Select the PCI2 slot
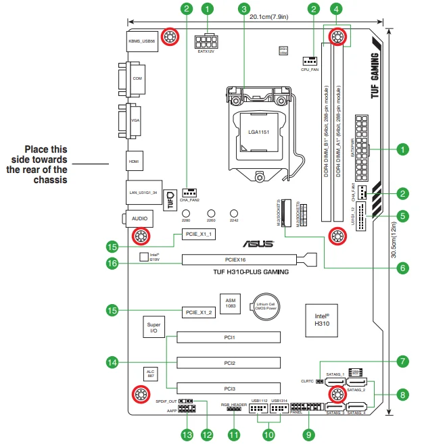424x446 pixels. point(229,363)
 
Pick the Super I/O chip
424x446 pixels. point(154,328)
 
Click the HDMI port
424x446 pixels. point(134,162)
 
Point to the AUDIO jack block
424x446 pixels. point(139,219)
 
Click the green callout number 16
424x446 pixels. point(113,264)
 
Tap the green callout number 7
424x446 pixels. point(402,362)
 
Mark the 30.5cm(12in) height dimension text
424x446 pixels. point(404,209)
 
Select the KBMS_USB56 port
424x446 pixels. point(141,41)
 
